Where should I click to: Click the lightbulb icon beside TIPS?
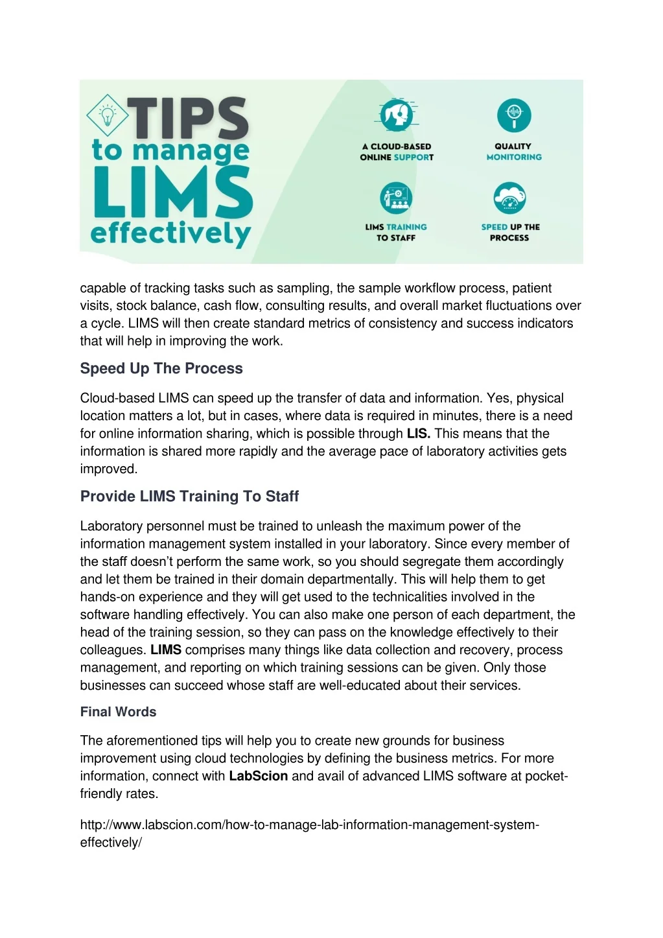[x=107, y=116]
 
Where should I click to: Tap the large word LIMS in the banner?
[x=172, y=193]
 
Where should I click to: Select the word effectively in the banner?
[x=171, y=233]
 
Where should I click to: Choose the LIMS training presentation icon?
[x=396, y=198]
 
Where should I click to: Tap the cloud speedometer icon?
[x=510, y=198]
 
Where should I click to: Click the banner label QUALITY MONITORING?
[x=514, y=152]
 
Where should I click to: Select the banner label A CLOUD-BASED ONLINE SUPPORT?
[x=397, y=152]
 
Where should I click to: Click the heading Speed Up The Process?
[x=161, y=368]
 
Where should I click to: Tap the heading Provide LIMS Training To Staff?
[x=189, y=496]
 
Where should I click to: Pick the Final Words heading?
[x=118, y=712]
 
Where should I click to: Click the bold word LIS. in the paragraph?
[x=419, y=434]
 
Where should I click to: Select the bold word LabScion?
[x=258, y=776]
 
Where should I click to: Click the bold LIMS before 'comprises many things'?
[x=166, y=650]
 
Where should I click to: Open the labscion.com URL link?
[x=310, y=825]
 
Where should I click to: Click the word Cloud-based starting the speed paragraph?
[x=117, y=398]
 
